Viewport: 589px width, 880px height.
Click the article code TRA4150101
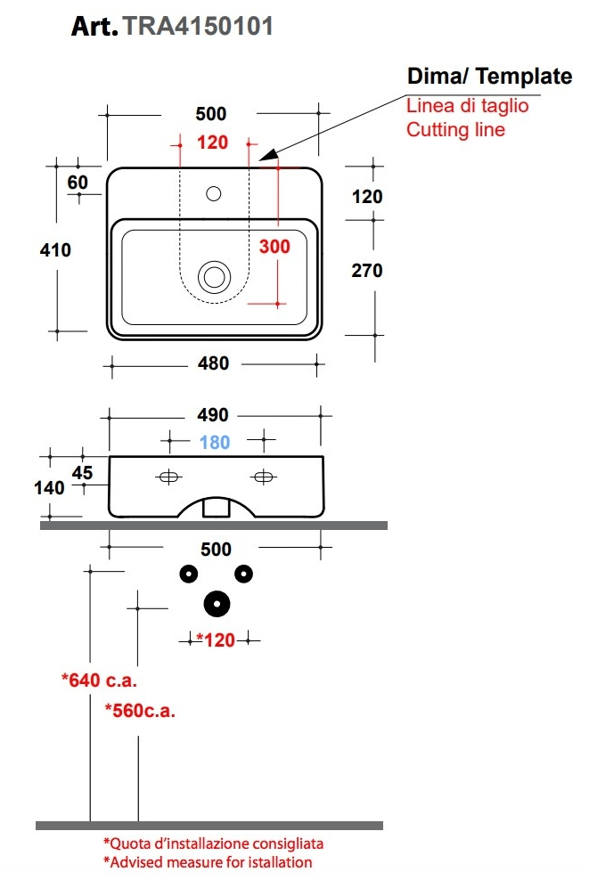(x=197, y=27)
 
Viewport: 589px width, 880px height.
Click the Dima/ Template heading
(x=489, y=77)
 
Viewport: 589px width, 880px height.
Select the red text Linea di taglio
(x=468, y=106)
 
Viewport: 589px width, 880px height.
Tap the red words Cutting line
(x=455, y=130)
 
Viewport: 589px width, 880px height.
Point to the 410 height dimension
(x=55, y=250)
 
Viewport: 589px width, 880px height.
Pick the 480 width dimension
(x=213, y=363)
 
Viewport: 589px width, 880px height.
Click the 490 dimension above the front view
(x=213, y=415)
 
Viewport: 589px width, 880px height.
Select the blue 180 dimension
(x=215, y=442)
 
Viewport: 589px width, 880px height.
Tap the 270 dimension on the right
(x=366, y=270)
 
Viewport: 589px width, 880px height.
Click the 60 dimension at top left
(x=78, y=182)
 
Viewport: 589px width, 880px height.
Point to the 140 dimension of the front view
(x=50, y=488)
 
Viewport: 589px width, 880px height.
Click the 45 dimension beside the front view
(x=83, y=473)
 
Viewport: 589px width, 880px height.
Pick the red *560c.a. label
(x=138, y=711)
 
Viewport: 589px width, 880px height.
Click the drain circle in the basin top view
(x=214, y=275)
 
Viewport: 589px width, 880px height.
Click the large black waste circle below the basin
(x=216, y=605)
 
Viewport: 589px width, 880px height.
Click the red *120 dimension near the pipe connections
(x=214, y=640)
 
